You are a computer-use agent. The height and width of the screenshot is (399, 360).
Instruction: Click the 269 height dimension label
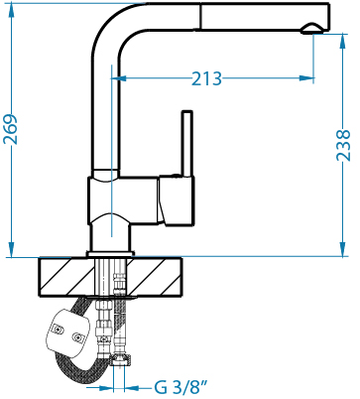(x=10, y=129)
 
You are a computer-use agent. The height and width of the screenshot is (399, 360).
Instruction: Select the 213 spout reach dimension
(x=206, y=78)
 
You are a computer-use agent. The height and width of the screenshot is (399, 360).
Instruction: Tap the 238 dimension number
(x=343, y=145)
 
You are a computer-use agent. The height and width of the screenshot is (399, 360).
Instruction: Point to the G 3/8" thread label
(x=180, y=387)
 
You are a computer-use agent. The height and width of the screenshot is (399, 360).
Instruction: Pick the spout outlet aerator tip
(x=312, y=29)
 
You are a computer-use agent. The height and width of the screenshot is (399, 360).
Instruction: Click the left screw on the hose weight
(x=59, y=330)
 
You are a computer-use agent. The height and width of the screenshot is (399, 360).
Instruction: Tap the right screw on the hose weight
(x=78, y=337)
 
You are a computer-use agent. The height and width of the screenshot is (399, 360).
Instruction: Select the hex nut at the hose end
(x=121, y=359)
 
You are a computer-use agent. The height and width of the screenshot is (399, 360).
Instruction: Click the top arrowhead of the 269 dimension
(x=12, y=11)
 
